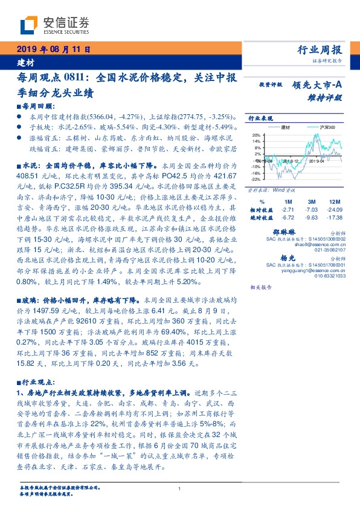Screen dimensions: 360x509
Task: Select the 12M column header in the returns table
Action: (329, 201)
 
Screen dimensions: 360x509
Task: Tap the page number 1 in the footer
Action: (180, 489)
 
